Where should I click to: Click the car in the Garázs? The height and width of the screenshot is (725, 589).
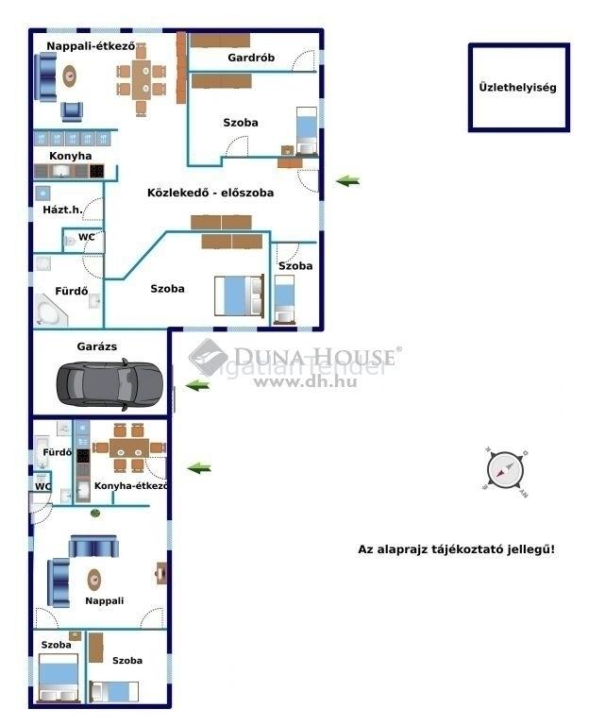point(109,385)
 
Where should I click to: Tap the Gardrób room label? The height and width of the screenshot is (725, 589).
point(251,58)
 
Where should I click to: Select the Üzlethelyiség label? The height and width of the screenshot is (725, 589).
point(518,88)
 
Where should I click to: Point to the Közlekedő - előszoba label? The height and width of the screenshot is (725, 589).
point(210,193)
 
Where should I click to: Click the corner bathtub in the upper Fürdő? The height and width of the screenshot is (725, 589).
point(51,311)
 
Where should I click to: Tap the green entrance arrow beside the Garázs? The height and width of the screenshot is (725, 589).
point(197,385)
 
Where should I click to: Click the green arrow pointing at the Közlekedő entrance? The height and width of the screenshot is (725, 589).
point(347,181)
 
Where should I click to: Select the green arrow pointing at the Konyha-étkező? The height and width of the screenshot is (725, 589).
point(199,468)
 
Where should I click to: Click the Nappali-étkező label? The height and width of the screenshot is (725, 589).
point(91,46)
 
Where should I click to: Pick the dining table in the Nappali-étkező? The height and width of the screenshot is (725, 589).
point(141,79)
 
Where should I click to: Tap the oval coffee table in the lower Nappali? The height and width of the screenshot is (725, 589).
point(94,580)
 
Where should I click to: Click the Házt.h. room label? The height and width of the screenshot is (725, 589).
point(62,210)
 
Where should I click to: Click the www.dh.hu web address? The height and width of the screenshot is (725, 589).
point(305,382)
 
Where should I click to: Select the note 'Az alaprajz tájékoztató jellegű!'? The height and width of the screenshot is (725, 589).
point(456,549)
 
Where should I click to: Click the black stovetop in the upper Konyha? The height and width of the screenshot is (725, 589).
point(96,171)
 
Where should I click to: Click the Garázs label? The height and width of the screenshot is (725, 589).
point(97,346)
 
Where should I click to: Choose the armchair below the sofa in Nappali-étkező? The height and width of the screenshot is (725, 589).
point(72,111)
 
